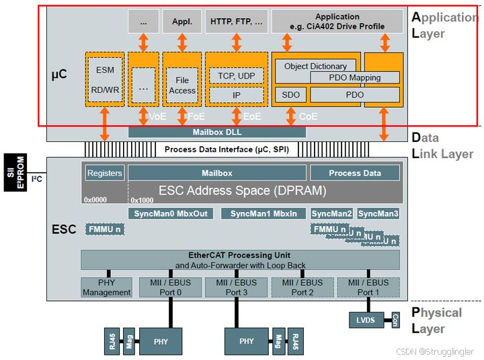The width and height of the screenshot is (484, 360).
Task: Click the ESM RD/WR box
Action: coord(105,79)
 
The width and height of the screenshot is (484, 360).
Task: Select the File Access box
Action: coord(182,85)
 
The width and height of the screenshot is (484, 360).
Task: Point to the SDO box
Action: coord(290,95)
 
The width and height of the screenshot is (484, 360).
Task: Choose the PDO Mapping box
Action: coord(354,77)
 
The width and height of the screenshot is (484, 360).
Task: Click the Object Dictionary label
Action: coord(315,66)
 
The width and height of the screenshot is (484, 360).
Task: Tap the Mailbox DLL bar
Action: coord(216,132)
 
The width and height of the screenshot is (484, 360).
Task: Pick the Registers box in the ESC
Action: coord(105,173)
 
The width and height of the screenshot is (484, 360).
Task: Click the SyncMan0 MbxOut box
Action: coord(171,213)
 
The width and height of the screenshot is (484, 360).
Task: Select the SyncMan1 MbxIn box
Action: coord(263,213)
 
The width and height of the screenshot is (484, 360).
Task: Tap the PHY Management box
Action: coord(106,287)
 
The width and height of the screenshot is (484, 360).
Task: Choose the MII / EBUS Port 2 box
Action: coord(302,287)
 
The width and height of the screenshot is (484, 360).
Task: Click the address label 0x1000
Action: coord(143,200)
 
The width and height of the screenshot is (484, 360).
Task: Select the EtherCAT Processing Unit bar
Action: coord(240,260)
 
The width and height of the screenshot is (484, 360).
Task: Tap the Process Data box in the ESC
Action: coord(354,173)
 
